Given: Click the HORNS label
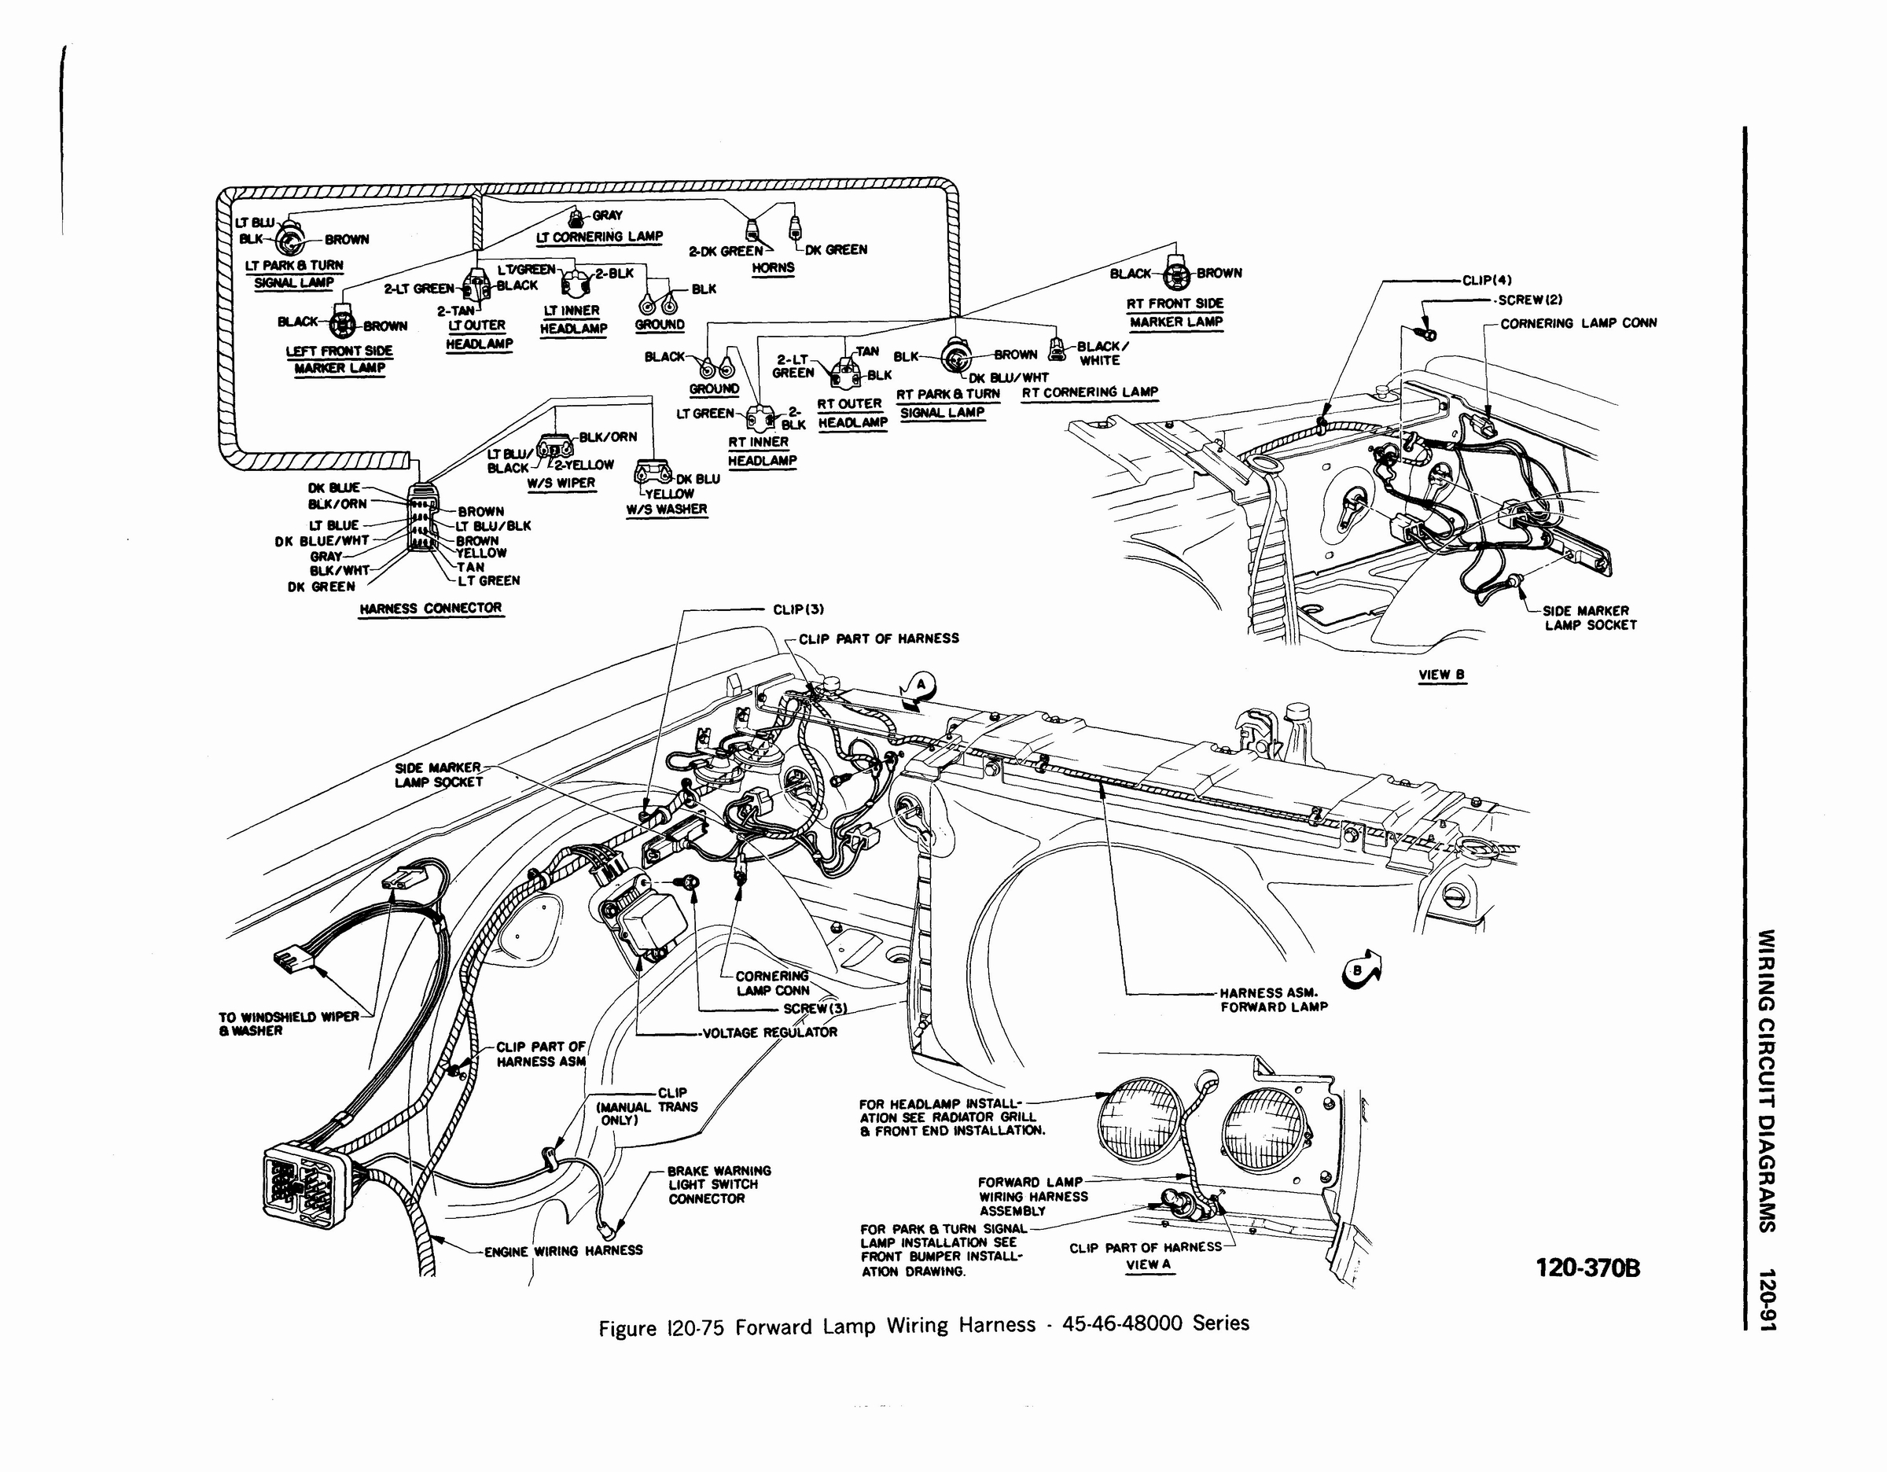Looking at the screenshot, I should [x=772, y=268].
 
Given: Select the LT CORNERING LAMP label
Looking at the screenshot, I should [x=599, y=237].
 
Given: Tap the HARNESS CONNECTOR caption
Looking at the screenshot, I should [x=430, y=608].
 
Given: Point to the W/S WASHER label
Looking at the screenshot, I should [x=666, y=510].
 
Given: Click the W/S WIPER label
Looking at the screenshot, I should [x=561, y=483].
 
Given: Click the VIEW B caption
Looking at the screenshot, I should [x=1441, y=675].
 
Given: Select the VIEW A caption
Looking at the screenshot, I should [x=1148, y=1264].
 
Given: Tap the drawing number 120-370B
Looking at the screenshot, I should [x=1587, y=1268].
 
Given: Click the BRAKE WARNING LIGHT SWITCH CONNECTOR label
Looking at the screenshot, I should [x=717, y=1185].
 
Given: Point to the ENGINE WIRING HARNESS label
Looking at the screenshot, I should [x=562, y=1251].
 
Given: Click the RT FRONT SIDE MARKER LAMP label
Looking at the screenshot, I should [x=1175, y=313].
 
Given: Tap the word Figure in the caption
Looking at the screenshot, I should [x=628, y=1328].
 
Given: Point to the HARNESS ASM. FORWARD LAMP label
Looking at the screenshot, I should [x=1273, y=999].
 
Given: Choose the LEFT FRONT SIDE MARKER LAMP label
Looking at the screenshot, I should [x=339, y=359].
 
